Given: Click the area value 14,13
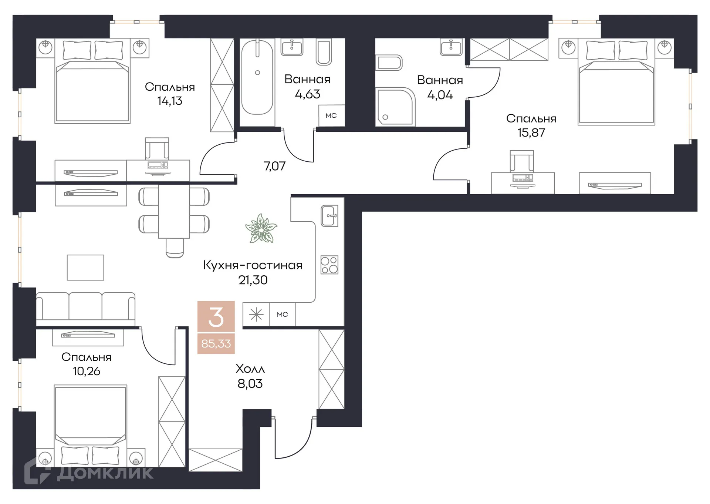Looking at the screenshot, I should [170, 101].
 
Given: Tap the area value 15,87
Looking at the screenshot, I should [531, 132].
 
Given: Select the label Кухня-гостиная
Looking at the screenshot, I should [253, 265].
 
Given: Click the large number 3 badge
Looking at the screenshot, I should [216, 317].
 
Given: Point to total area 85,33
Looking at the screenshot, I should [216, 344].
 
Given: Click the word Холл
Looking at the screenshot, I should [250, 369].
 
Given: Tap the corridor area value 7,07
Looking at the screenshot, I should [274, 166].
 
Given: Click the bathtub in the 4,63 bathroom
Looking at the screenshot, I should [257, 78].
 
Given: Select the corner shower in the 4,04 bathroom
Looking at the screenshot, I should [395, 107].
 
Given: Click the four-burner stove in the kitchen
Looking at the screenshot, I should [329, 265].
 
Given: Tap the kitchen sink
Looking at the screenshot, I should [329, 216].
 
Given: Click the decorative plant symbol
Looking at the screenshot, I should [261, 229].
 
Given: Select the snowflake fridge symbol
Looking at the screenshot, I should [256, 315].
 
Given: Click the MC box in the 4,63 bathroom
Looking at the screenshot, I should [331, 116].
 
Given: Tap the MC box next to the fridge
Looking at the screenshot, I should [282, 315].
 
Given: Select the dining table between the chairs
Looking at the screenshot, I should [174, 212].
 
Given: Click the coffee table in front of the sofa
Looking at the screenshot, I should [85, 268].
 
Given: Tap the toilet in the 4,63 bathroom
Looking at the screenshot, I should [324, 53].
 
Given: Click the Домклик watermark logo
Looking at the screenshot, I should [89, 472].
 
